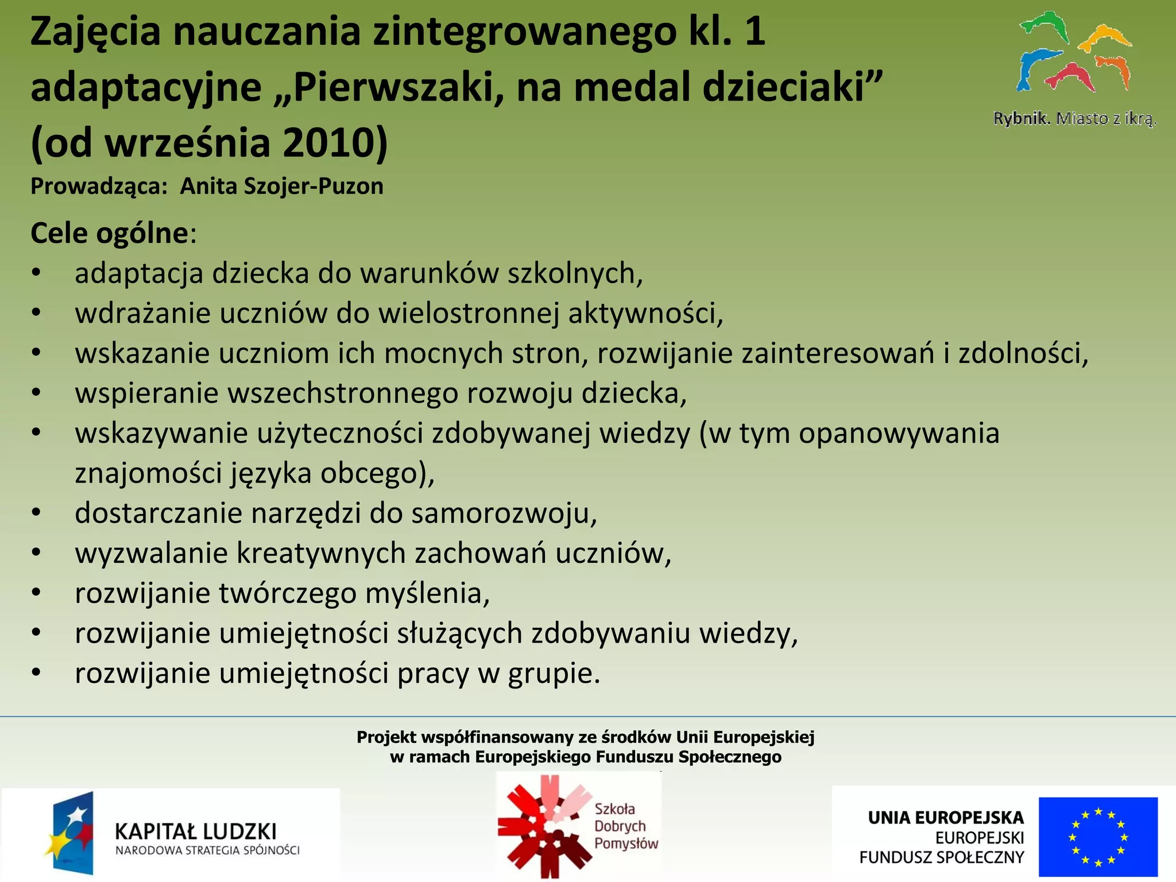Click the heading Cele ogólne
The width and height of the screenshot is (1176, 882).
tap(110, 233)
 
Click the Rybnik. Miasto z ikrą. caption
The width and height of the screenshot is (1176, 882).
tap(1074, 118)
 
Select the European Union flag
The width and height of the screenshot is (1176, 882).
tap(1098, 836)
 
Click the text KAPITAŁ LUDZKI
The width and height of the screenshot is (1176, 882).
tap(196, 831)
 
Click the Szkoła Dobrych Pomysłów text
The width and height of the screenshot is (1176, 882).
tap(625, 826)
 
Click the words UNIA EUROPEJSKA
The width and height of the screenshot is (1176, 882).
tap(945, 817)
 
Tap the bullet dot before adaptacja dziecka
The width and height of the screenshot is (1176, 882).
tap(36, 273)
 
